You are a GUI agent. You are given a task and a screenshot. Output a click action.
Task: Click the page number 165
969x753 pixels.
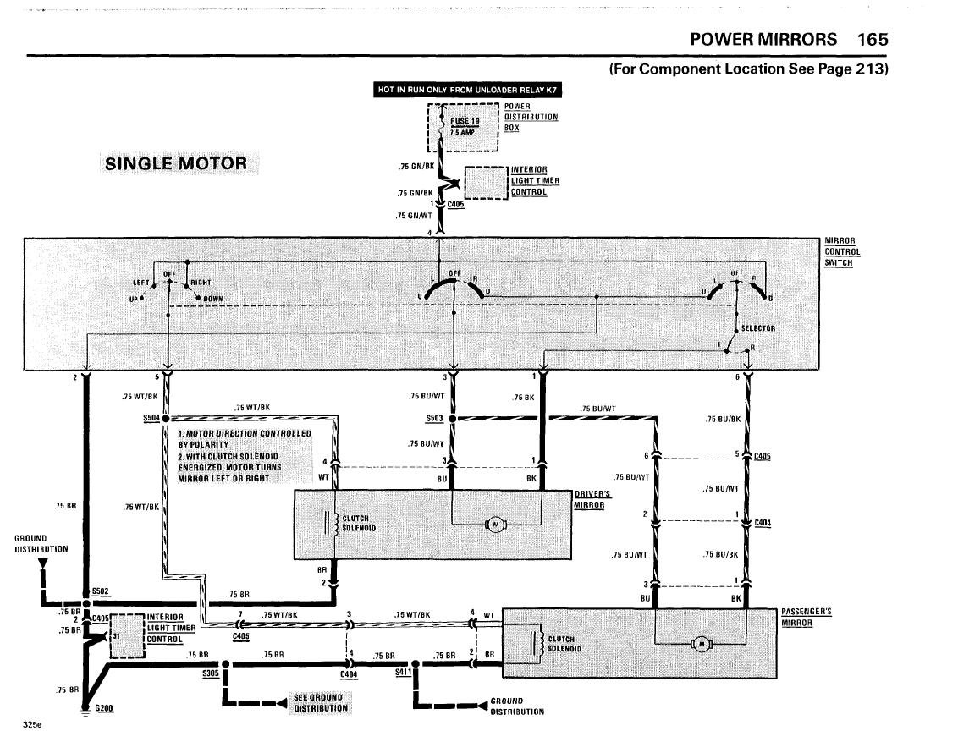(x=872, y=39)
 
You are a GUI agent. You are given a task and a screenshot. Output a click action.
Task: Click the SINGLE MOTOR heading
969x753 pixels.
(x=176, y=163)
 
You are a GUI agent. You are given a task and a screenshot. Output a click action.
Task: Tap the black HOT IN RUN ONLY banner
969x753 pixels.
(x=468, y=89)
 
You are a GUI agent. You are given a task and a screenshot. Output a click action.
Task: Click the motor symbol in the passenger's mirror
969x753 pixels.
(x=702, y=645)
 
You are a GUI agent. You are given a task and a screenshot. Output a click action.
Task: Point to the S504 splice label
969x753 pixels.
(x=151, y=418)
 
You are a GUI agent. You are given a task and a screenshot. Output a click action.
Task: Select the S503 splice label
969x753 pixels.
(x=435, y=419)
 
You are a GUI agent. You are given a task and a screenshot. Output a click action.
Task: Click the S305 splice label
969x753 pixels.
(x=210, y=673)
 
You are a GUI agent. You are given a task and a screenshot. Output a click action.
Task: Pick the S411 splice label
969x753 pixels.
(x=402, y=673)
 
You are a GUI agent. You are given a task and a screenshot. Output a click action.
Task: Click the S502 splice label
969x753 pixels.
(x=100, y=591)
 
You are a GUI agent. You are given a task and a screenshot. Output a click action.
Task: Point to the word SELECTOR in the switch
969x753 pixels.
(x=757, y=328)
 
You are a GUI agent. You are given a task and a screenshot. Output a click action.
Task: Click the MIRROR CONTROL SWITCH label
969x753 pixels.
(x=842, y=252)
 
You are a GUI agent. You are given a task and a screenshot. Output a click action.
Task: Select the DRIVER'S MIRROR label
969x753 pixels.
(x=591, y=499)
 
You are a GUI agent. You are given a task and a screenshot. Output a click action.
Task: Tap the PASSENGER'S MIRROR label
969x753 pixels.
(x=807, y=617)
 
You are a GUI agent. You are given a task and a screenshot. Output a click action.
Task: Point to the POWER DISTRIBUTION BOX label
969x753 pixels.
(x=531, y=117)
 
